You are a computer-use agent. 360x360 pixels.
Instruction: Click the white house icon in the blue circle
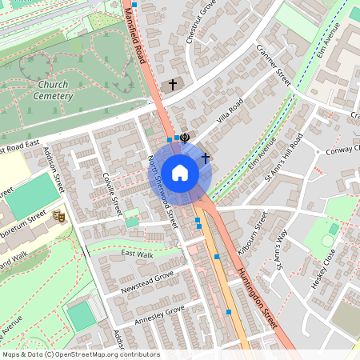[x=180, y=173]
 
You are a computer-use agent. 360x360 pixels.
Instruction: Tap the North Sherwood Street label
[x=162, y=193]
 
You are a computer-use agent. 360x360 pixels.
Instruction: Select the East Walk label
[x=137, y=254]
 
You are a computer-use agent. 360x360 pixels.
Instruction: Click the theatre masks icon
[x=58, y=216]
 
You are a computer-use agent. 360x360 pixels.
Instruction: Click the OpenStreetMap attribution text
[x=80, y=354]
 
